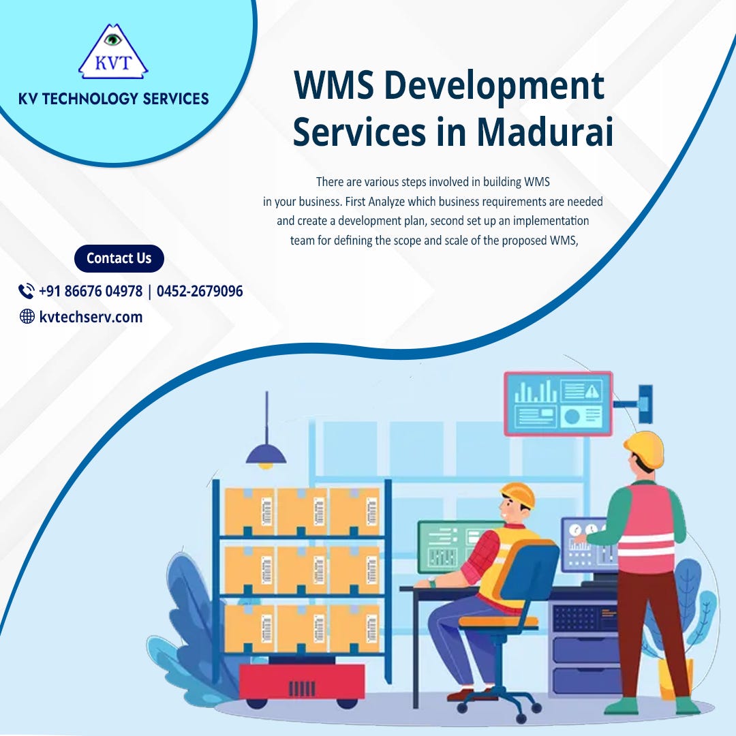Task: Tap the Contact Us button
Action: click(x=119, y=258)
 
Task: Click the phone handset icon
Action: click(x=27, y=292)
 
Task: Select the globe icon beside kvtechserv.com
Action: click(x=27, y=316)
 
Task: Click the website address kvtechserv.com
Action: click(x=91, y=316)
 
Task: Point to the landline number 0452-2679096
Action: click(x=200, y=292)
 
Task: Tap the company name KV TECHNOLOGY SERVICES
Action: click(x=114, y=99)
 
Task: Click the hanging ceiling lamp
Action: click(x=266, y=453)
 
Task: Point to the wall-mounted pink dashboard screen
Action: click(x=558, y=403)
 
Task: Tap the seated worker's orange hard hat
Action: click(x=518, y=495)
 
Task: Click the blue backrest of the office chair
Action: click(x=532, y=579)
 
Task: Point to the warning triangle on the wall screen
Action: click(x=592, y=391)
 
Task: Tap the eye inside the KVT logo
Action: click(x=113, y=39)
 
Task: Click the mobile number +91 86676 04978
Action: click(x=91, y=292)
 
